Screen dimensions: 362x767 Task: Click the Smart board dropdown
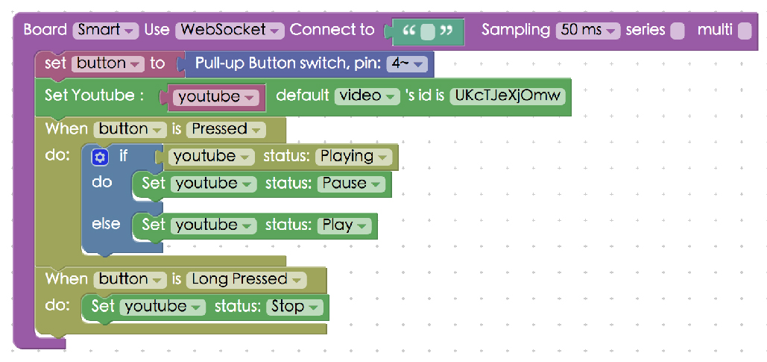105,31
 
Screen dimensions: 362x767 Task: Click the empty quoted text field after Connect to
427,32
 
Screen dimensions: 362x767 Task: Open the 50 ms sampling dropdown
588,31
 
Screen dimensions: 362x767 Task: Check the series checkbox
677,31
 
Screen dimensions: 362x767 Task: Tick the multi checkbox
744,31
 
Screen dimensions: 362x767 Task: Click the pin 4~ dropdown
407,63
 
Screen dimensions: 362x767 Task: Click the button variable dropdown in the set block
108,63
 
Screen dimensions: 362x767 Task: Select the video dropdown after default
368,96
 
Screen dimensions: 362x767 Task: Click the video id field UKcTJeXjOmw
507,96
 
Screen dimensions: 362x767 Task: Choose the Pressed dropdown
226,129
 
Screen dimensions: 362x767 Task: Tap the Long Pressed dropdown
246,279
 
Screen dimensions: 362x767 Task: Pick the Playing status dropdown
353,157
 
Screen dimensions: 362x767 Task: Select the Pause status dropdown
350,184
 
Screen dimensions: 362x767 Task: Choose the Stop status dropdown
295,306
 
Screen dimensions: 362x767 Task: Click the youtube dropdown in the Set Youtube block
216,97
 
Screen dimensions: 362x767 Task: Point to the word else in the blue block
105,224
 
